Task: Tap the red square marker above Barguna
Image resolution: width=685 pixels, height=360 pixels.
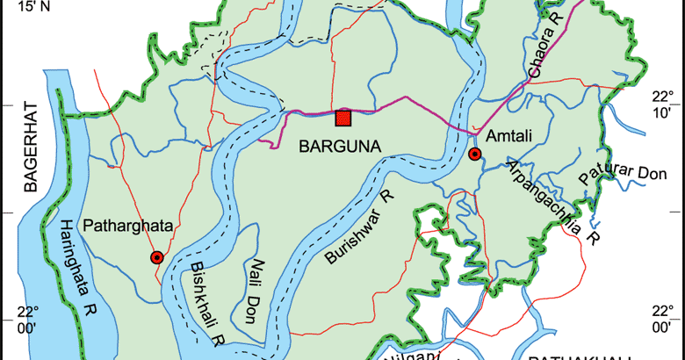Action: pyautogui.click(x=343, y=118)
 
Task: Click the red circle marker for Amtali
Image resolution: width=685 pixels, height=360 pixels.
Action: pyautogui.click(x=474, y=155)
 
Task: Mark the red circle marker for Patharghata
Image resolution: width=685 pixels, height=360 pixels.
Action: pyautogui.click(x=156, y=257)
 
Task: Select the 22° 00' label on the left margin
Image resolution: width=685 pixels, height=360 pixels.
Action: pyautogui.click(x=30, y=320)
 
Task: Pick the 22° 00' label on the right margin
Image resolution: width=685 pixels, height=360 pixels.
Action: pyautogui.click(x=660, y=320)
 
